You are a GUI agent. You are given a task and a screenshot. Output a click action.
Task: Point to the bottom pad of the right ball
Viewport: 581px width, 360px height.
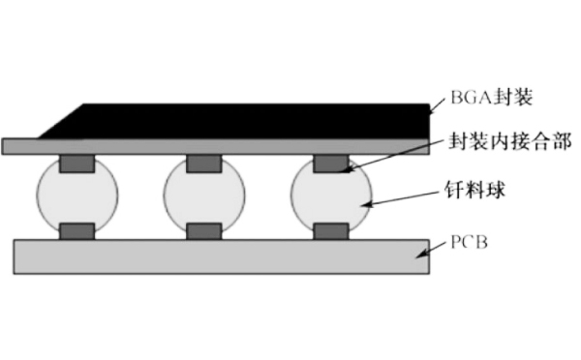pyautogui.click(x=331, y=231)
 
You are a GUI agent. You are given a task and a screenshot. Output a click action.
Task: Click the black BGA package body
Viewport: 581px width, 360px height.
pyautogui.click(x=242, y=120)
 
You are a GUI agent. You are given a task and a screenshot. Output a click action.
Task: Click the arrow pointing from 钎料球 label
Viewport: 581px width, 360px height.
pyautogui.click(x=402, y=198)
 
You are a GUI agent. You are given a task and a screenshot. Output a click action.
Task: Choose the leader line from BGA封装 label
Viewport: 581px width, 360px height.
pyautogui.click(x=436, y=104)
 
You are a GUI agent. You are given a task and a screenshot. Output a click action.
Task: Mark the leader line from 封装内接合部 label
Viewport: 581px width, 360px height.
pyautogui.click(x=397, y=155)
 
